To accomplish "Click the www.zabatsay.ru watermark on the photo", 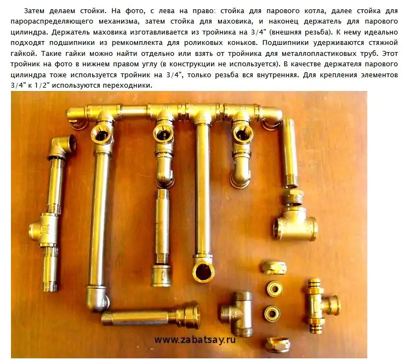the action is (195, 339).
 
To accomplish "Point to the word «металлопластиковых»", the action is (322, 54).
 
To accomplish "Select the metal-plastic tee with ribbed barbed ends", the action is (322, 303).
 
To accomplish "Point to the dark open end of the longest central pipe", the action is (203, 272).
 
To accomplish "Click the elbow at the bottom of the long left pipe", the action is (98, 299).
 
